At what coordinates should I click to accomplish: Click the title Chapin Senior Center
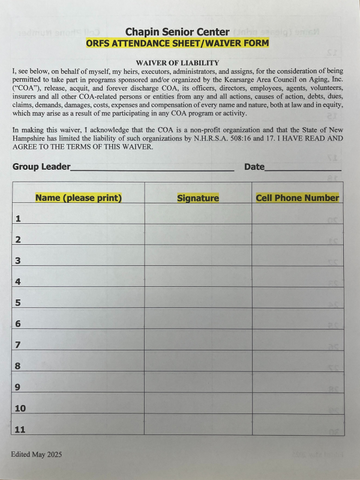pyautogui.click(x=177, y=32)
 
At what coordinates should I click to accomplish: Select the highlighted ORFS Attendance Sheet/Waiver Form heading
pyautogui.click(x=177, y=43)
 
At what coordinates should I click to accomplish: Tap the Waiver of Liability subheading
pyautogui.click(x=177, y=63)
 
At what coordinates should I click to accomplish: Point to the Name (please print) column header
pyautogui.click(x=79, y=197)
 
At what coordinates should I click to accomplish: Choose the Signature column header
pyautogui.click(x=198, y=198)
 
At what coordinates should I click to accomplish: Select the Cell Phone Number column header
pyautogui.click(x=297, y=197)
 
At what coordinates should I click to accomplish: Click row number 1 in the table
pyautogui.click(x=18, y=219)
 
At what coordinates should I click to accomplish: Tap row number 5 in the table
pyautogui.click(x=18, y=303)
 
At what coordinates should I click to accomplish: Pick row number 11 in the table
pyautogui.click(x=20, y=430)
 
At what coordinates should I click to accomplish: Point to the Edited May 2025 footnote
pyautogui.click(x=36, y=454)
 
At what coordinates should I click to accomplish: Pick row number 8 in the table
pyautogui.click(x=18, y=366)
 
